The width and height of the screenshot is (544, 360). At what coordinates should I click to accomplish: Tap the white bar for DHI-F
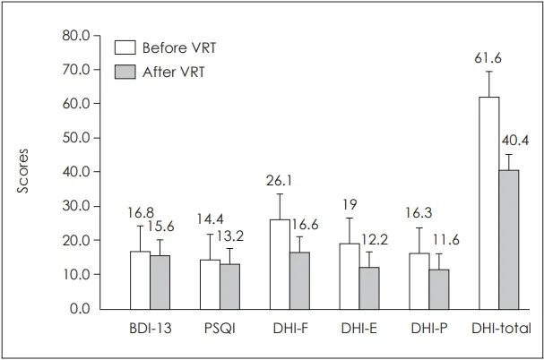point(279,263)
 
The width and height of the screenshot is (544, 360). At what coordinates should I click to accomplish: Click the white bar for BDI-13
point(140,279)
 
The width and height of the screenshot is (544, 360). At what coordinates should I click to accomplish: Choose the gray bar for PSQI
point(229,286)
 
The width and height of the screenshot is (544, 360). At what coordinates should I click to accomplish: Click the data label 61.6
point(488,57)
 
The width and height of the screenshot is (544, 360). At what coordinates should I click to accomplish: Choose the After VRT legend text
point(173,72)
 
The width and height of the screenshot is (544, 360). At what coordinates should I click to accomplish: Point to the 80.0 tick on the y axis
point(78,36)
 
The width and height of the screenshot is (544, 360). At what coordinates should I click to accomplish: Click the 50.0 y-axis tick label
point(78,138)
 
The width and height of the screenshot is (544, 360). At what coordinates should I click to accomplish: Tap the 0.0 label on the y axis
point(81,309)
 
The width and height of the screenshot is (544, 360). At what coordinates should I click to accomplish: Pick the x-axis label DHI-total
point(501,329)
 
